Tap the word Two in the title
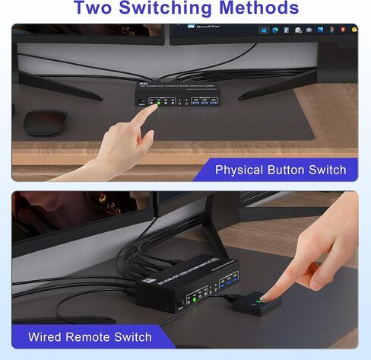click(98, 8)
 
